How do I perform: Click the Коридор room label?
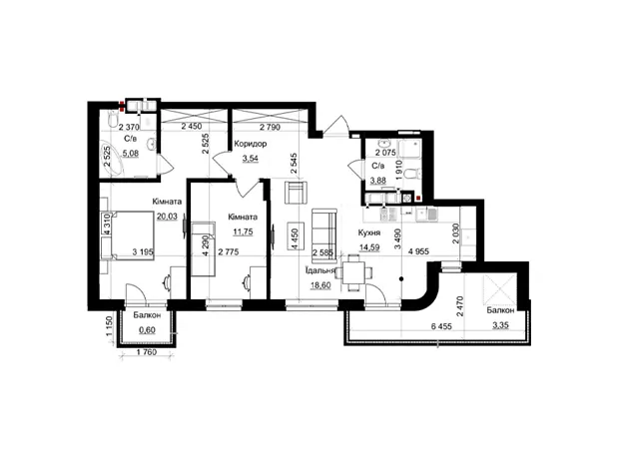[250, 144]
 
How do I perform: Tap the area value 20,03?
[167, 217]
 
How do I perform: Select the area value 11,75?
[243, 231]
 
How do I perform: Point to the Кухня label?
[369, 232]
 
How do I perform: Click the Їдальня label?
[319, 270]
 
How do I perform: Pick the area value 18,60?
[320, 285]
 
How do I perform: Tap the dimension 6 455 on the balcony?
[441, 326]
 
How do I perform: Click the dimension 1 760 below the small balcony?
[147, 352]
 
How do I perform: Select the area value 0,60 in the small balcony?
[147, 330]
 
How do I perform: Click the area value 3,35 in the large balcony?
[500, 325]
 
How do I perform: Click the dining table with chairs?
[353, 272]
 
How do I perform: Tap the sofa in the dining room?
[323, 235]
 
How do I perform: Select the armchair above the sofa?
[296, 193]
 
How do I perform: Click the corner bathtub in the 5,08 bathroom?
[115, 159]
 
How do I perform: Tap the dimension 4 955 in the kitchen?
[418, 251]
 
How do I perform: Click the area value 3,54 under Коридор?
[251, 159]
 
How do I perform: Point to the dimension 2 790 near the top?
[270, 127]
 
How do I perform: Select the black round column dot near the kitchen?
[401, 279]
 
